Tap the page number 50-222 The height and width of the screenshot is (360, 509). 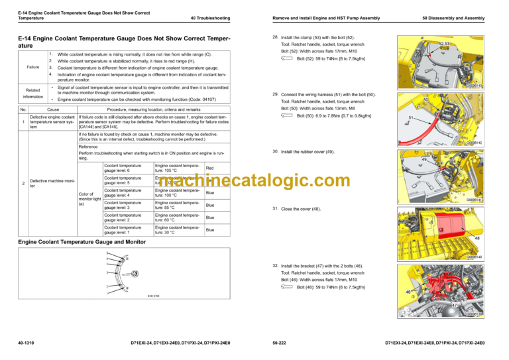[x=280, y=343]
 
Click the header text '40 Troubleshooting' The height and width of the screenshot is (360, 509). [x=210, y=18]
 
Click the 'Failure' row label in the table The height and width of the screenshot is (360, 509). [x=32, y=67]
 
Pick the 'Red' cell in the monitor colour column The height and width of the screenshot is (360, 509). [x=209, y=168]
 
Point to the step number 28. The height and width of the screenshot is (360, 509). [x=275, y=37]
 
